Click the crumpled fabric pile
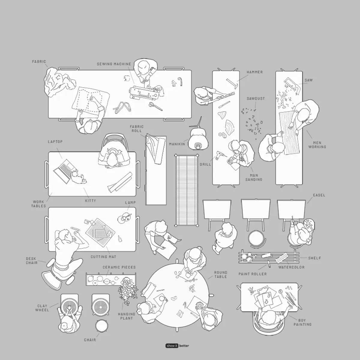(59, 81)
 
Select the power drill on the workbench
(220, 155)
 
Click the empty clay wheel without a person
(101, 306)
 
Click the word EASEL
(319, 195)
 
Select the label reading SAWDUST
(256, 98)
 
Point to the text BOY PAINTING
(302, 322)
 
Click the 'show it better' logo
(177, 346)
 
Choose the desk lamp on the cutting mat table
(124, 218)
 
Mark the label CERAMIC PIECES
(119, 267)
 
